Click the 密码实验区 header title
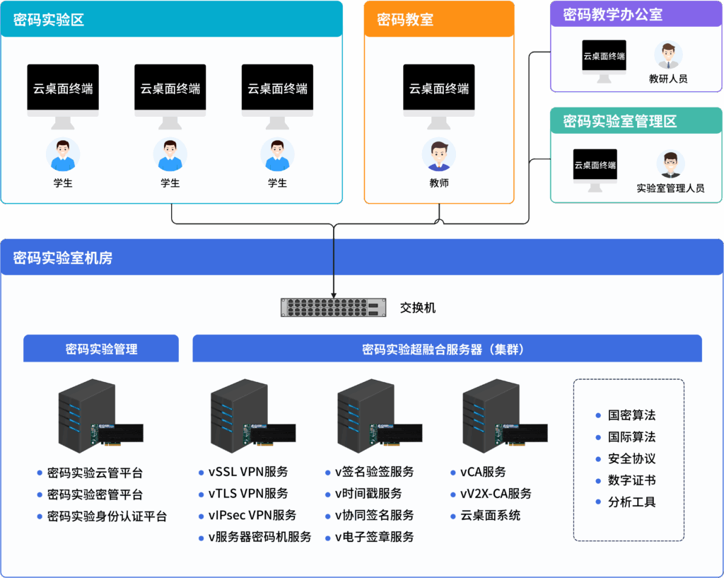pyautogui.click(x=49, y=20)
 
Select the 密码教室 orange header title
pyautogui.click(x=405, y=20)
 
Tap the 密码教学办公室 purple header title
pyautogui.click(x=613, y=15)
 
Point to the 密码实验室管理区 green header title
pyautogui.click(x=620, y=121)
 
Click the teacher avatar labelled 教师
pyautogui.click(x=439, y=155)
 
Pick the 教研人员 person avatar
pyautogui.click(x=668, y=55)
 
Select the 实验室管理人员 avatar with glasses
pyautogui.click(x=670, y=164)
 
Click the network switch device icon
pyautogui.click(x=334, y=308)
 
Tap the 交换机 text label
pyautogui.click(x=418, y=308)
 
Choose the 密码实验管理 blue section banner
pyautogui.click(x=101, y=349)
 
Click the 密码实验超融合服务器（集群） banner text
pyautogui.click(x=447, y=349)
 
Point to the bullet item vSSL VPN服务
pyautogui.click(x=248, y=472)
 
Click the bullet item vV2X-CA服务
pyautogui.click(x=496, y=494)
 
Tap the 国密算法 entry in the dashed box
pyautogui.click(x=631, y=415)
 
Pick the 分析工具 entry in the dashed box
pyautogui.click(x=631, y=502)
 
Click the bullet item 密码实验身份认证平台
pyautogui.click(x=107, y=516)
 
